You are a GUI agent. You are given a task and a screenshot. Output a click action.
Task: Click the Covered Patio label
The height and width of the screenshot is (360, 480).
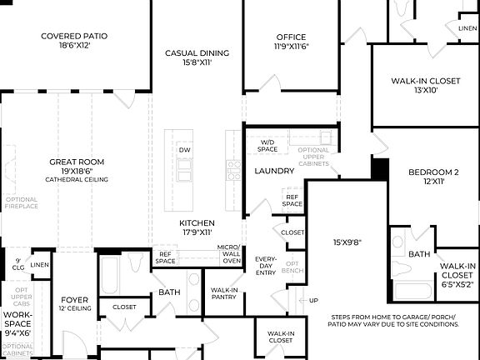75,36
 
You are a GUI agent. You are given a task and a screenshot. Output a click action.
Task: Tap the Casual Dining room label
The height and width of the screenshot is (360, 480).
197,53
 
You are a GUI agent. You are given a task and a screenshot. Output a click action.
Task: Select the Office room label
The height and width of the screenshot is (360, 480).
291,37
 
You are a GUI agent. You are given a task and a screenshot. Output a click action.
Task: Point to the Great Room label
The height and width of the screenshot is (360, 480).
76,162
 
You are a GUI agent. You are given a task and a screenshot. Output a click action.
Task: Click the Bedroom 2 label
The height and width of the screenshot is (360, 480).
433,172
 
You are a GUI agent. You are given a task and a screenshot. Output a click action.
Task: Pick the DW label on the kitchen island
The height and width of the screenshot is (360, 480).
184,149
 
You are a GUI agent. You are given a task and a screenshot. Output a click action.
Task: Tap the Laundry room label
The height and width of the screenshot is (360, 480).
274,171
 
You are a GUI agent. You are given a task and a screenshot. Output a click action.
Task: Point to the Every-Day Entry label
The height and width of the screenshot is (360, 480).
266,265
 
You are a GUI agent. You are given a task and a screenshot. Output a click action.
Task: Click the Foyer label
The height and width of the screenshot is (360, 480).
74,299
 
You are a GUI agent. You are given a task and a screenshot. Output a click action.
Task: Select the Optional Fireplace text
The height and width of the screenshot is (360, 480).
21,202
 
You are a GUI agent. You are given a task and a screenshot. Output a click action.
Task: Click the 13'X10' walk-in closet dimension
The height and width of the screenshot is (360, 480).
426,90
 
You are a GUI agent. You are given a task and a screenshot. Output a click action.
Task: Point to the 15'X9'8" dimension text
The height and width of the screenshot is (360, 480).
348,242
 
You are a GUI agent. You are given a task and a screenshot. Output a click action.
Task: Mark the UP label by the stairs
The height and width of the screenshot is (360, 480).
313,301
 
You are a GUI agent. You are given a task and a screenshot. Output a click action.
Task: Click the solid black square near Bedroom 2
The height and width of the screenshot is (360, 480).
381,169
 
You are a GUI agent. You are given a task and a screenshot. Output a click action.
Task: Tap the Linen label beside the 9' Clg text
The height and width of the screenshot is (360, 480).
40,265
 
